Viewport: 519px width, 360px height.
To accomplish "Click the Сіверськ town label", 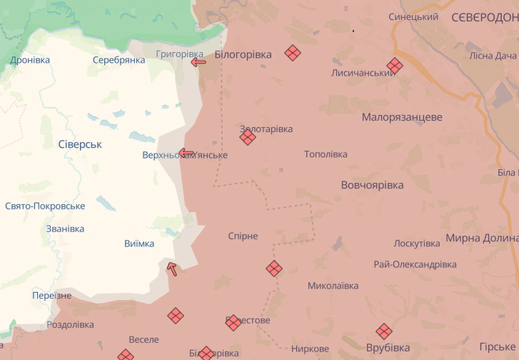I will click(x=80, y=144).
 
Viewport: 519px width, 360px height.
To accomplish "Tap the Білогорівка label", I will click(x=244, y=54).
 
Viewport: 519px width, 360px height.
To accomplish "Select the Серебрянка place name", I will click(x=119, y=60).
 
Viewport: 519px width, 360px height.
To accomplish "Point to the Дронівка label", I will click(x=30, y=60).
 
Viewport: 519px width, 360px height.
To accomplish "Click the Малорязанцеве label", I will click(x=402, y=117).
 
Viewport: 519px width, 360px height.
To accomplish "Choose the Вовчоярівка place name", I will click(x=372, y=185).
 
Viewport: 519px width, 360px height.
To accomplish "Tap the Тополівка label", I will click(x=326, y=154).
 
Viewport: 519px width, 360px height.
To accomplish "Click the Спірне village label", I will click(x=243, y=236).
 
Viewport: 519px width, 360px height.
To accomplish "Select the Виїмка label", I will click(x=139, y=244).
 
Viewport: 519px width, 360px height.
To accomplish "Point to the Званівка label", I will click(x=65, y=229).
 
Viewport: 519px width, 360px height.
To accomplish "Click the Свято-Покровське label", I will click(x=45, y=206).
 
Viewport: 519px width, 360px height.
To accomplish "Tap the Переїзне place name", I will click(x=52, y=296).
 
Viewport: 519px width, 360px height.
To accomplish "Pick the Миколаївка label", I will click(x=333, y=286).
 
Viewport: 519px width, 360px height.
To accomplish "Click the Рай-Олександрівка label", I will click(x=415, y=264).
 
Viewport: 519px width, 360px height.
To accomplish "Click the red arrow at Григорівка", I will click(x=198, y=62).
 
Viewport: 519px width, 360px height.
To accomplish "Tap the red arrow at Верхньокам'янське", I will click(x=186, y=152).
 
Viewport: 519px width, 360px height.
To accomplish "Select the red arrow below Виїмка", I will click(x=171, y=269).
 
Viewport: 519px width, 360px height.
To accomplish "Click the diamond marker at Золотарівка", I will click(x=248, y=137).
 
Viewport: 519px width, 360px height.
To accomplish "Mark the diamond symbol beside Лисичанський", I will click(x=394, y=65).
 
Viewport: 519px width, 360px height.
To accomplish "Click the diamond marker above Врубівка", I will click(x=384, y=331).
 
